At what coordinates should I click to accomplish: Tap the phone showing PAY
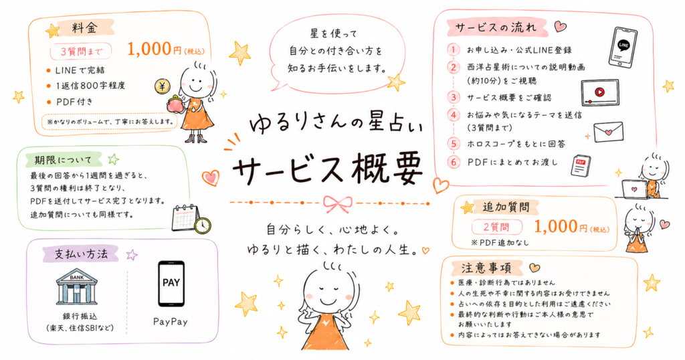tap(171, 284)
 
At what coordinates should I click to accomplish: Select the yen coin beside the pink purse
tap(162, 86)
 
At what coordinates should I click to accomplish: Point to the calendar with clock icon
tap(191, 218)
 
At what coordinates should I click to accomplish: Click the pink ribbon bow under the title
tap(338, 203)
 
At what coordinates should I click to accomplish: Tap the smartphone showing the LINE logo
tap(623, 47)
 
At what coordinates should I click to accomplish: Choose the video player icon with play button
tap(600, 92)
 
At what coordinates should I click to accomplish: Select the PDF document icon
tap(581, 165)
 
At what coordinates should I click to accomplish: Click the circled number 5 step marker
tap(454, 143)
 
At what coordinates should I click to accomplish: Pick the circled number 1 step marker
tap(454, 50)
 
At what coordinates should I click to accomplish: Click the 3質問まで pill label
tap(81, 52)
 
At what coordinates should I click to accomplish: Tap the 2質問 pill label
tap(497, 228)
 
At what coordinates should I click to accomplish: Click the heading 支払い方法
tap(81, 254)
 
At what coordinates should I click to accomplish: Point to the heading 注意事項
tap(486, 268)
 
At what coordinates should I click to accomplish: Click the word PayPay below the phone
tap(171, 322)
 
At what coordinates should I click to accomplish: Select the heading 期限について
tap(64, 160)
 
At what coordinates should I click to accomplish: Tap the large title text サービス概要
tap(328, 169)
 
